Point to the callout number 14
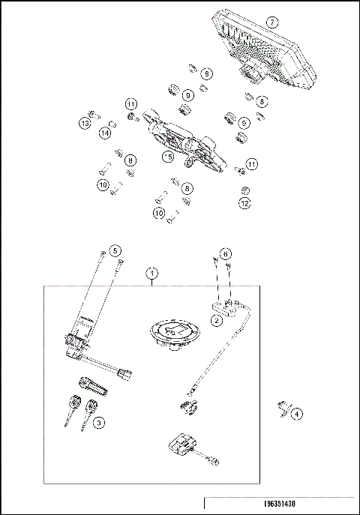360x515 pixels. tap(106, 133)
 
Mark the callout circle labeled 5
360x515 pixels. tap(115, 250)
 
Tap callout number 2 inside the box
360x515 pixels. tap(216, 320)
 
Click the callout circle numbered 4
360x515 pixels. tap(298, 412)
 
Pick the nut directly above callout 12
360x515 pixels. tap(244, 188)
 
